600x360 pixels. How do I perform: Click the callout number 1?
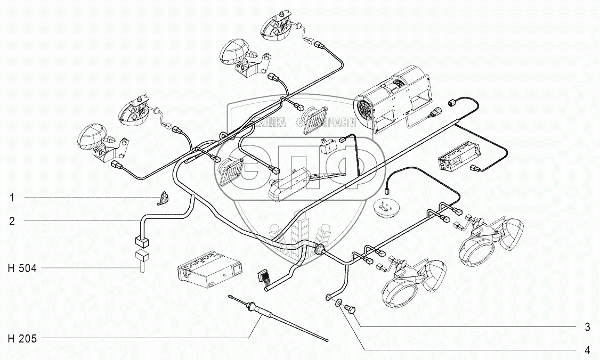pos(11,198)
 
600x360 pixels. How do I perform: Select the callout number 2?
pos(11,220)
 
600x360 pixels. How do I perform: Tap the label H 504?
pos(22,268)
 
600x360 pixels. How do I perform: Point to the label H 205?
pos(22,338)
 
